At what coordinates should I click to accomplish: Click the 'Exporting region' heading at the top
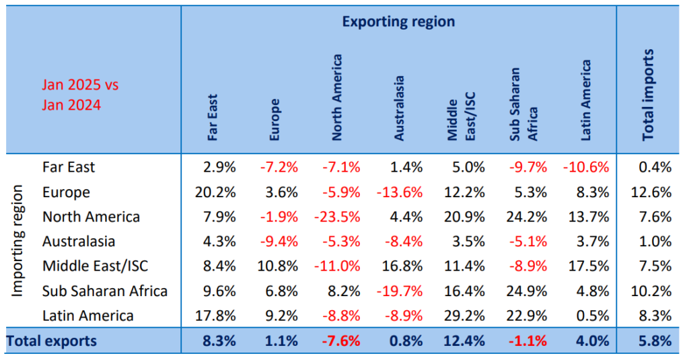click(398, 22)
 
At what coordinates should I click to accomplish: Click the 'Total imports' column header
click(648, 94)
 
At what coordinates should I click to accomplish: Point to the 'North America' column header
click(337, 98)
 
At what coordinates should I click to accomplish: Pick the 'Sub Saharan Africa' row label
click(104, 291)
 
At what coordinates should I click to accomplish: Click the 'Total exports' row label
click(52, 340)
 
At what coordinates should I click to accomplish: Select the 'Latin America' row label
click(87, 316)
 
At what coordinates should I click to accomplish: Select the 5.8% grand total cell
click(655, 340)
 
